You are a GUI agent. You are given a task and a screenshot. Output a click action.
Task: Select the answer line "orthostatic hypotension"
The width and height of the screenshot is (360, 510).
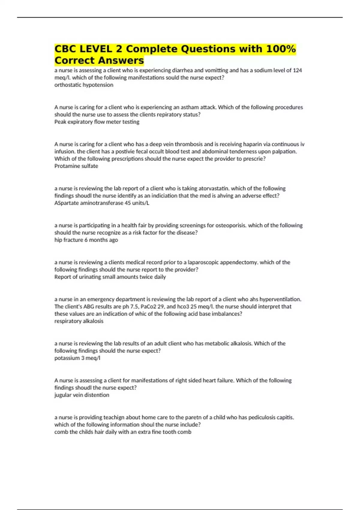pyautogui.click(x=84, y=85)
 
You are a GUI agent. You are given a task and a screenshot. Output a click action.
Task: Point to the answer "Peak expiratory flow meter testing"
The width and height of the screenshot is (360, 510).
pyautogui.click(x=97, y=122)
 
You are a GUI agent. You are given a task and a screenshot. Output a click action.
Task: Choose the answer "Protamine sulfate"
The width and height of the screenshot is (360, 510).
pyautogui.click(x=76, y=166)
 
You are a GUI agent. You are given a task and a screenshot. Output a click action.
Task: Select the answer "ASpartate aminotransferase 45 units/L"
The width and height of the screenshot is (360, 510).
pyautogui.click(x=102, y=203)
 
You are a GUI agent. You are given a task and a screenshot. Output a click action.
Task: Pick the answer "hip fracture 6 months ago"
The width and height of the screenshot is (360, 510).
pyautogui.click(x=86, y=240)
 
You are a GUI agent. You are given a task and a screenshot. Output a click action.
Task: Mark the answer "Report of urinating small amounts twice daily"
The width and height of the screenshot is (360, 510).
pyautogui.click(x=110, y=277)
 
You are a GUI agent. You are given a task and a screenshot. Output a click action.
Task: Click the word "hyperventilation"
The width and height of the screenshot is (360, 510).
pyautogui.click(x=280, y=299)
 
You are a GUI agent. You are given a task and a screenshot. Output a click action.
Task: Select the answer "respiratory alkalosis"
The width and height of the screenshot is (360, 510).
pyautogui.click(x=79, y=321)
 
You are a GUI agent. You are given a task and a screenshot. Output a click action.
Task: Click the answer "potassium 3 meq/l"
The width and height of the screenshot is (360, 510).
pyautogui.click(x=77, y=358)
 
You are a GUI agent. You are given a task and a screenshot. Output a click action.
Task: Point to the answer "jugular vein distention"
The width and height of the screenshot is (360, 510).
pyautogui.click(x=82, y=395)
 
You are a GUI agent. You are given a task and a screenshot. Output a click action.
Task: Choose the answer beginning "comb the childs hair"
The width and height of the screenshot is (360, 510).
pyautogui.click(x=123, y=432)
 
